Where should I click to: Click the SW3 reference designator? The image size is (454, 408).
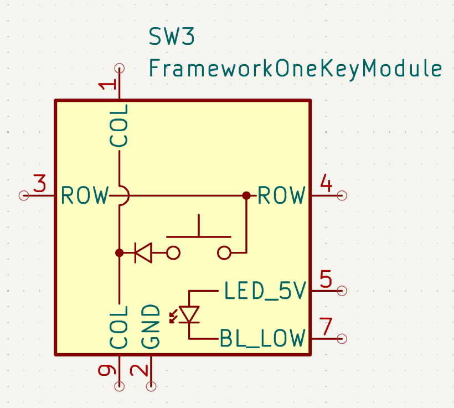point(172,37)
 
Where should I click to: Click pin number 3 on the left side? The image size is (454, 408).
point(39,183)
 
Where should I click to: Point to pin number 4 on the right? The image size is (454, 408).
point(326,183)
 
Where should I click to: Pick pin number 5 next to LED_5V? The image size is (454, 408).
point(326,279)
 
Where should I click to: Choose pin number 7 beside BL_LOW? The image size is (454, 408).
point(326,327)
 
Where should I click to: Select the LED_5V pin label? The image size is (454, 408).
point(265,291)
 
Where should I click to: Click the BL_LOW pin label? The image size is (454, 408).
point(262,338)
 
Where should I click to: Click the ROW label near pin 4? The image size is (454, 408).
point(282,195)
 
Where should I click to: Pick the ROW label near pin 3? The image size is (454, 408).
point(85,195)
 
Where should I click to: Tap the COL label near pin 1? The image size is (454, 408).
point(119,126)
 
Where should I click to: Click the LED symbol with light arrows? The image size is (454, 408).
point(187,314)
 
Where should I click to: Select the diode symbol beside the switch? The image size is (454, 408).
point(143,253)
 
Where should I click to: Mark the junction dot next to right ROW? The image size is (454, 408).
point(246,195)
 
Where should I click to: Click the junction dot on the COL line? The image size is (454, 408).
point(119,253)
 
